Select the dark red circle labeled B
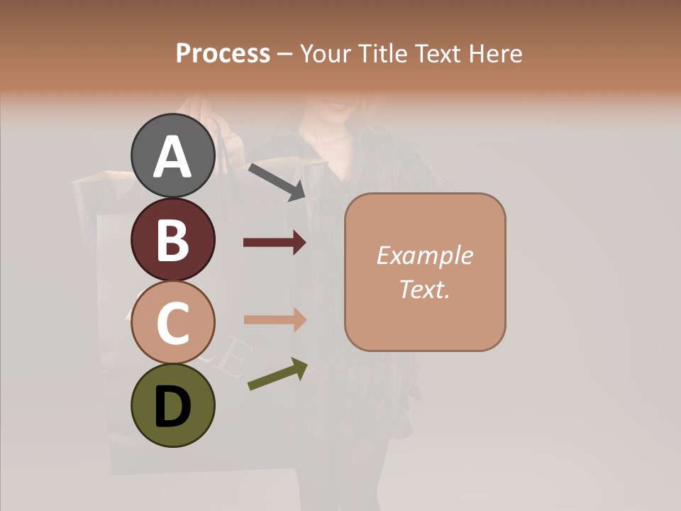173,239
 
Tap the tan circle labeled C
173,323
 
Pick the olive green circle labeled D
173,405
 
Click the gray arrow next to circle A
277,182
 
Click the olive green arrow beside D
277,374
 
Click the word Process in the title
223,54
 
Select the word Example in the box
424,255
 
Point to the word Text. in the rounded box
424,289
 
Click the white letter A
173,156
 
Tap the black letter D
173,407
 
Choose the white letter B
173,240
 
